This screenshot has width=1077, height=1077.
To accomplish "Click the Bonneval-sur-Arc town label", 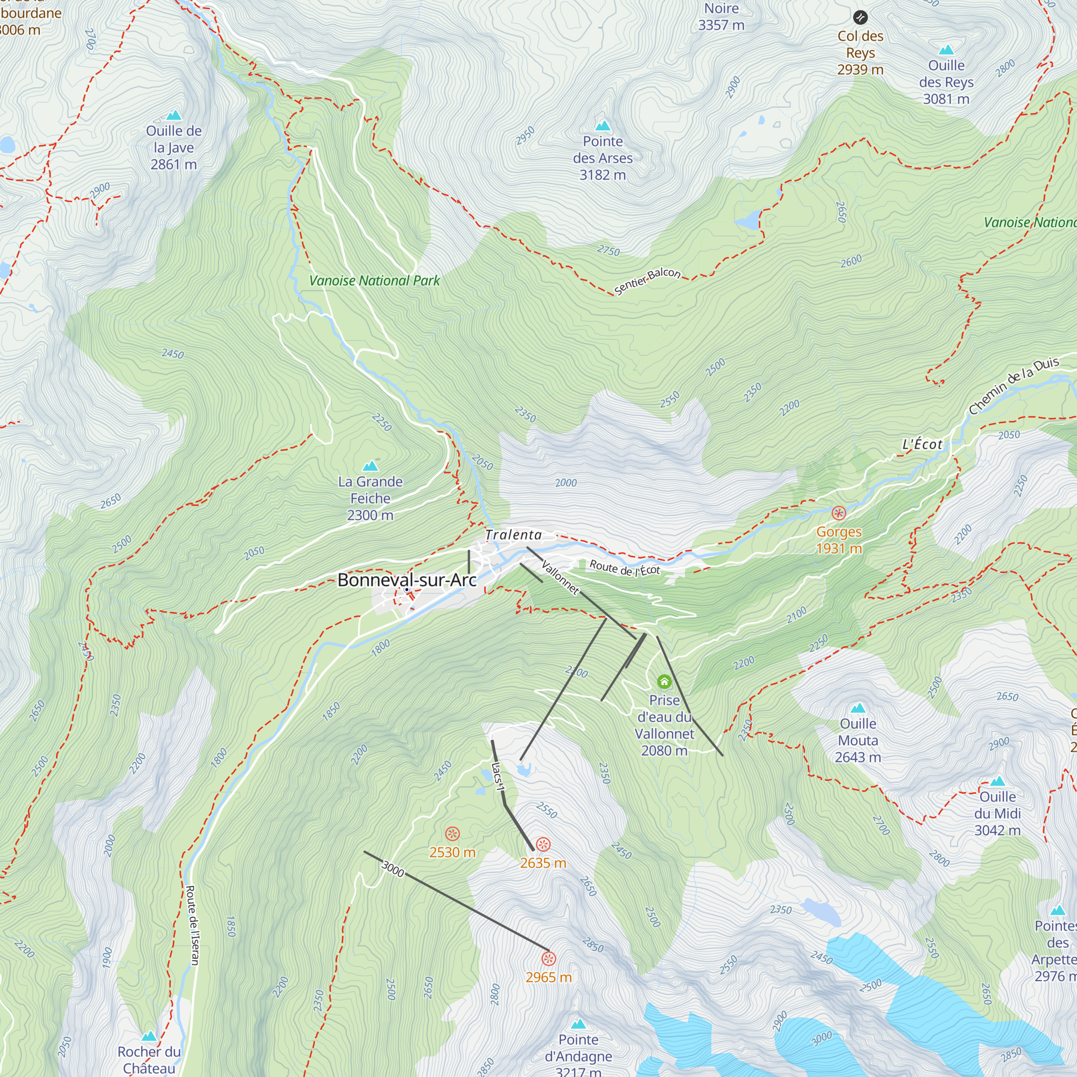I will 407,581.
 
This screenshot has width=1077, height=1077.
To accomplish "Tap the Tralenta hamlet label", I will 513,535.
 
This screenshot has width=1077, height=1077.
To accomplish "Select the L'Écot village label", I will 922,444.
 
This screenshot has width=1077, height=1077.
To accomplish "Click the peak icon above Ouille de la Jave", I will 174,115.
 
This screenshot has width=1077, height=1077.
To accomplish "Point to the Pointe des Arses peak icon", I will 603,125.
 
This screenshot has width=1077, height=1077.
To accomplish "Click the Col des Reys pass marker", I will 860,17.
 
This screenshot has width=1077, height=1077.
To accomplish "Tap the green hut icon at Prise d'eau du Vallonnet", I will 664,681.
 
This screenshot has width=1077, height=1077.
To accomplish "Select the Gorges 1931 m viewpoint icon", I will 838,513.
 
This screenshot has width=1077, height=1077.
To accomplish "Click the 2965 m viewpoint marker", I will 549,959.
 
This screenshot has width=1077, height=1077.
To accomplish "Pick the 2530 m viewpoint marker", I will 452,834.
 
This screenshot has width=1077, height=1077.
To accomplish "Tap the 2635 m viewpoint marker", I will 543,844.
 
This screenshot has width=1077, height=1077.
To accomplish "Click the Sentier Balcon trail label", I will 647,281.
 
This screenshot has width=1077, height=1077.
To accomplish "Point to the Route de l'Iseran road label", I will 192,925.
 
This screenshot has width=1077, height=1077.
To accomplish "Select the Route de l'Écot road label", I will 624,568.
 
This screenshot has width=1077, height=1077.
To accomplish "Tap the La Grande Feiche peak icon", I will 370,466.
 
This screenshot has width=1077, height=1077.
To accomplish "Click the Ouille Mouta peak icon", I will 858,708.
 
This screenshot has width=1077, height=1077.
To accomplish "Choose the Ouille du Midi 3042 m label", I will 997,813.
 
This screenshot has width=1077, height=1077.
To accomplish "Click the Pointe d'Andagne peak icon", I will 579,1024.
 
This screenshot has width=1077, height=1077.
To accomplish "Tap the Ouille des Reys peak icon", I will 946,50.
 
